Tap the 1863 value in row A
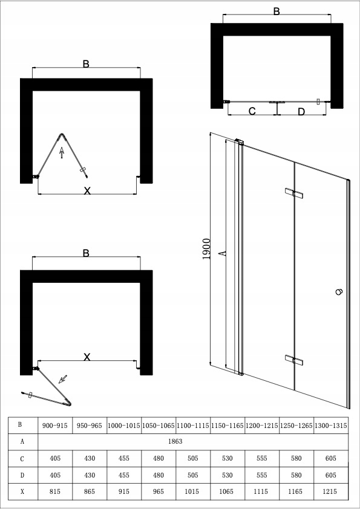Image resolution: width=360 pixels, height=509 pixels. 193,442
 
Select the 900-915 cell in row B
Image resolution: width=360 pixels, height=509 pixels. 55,426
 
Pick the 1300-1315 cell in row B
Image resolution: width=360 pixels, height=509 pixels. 331,426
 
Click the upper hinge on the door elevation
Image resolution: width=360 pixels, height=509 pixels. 294,193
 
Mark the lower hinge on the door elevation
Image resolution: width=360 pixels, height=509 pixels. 294,360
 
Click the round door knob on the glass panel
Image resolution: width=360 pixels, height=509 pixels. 338,291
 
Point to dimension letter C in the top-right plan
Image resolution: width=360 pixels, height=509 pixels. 252,111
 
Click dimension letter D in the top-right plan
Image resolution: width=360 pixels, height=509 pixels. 301,111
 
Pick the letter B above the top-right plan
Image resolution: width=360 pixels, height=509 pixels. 277,11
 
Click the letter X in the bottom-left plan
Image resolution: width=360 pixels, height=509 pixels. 87,357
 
